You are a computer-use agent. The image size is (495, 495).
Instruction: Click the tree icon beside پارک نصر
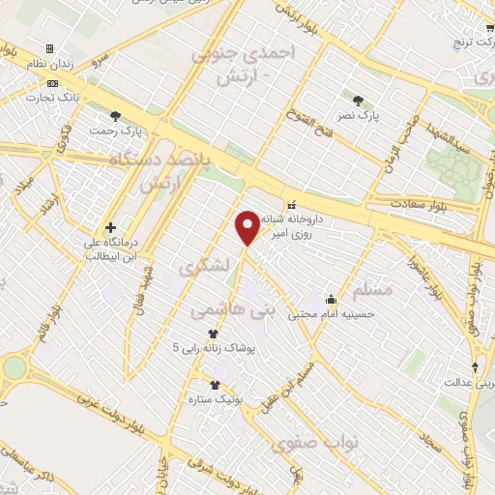360,100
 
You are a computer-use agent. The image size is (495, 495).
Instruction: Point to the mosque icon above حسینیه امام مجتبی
333,299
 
